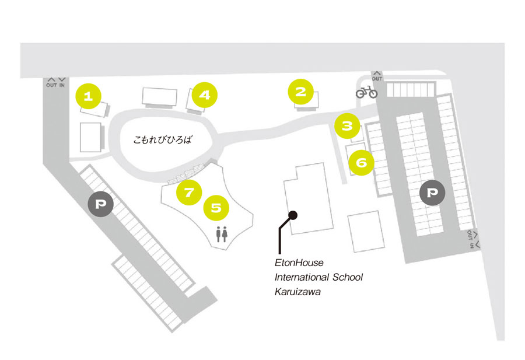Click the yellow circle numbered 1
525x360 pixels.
click(89, 96)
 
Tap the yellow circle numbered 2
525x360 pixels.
click(300, 92)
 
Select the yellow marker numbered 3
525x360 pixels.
click(347, 126)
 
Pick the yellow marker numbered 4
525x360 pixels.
click(205, 95)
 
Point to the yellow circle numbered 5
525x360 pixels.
click(216, 208)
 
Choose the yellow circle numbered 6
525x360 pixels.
click(361, 162)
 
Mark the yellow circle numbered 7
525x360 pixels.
click(189, 192)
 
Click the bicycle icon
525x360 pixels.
click(367, 92)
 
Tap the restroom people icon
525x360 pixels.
click(222, 234)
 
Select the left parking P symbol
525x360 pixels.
click(100, 204)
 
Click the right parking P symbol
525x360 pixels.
click(432, 193)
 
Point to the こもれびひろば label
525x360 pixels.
click(163, 139)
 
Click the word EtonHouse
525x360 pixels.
click(299, 263)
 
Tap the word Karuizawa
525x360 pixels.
click(297, 292)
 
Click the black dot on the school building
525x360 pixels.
click(293, 215)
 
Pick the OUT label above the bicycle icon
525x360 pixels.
click(377, 79)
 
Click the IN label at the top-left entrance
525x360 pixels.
click(62, 85)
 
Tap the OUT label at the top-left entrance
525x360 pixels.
click(51, 85)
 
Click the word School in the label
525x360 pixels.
click(348, 277)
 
